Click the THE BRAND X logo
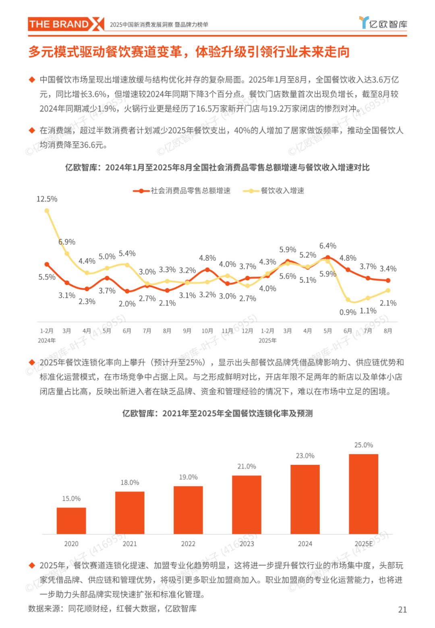click(66, 24)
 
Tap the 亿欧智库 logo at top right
click(383, 23)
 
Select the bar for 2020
click(71, 520)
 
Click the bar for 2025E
click(363, 494)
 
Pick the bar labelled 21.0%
click(246, 505)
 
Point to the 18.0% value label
click(130, 483)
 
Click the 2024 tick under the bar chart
click(305, 544)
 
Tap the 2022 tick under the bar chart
click(188, 544)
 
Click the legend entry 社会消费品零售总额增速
click(182, 191)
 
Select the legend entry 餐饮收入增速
click(274, 191)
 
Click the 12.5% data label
click(47, 199)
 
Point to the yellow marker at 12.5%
click(47, 211)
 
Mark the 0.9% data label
click(348, 312)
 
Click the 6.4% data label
click(327, 246)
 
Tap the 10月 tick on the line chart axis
click(207, 331)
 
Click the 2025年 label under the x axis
click(267, 341)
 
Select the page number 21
click(402, 609)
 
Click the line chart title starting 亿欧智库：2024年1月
click(217, 168)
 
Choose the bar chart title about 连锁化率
click(217, 413)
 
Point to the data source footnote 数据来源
click(112, 609)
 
